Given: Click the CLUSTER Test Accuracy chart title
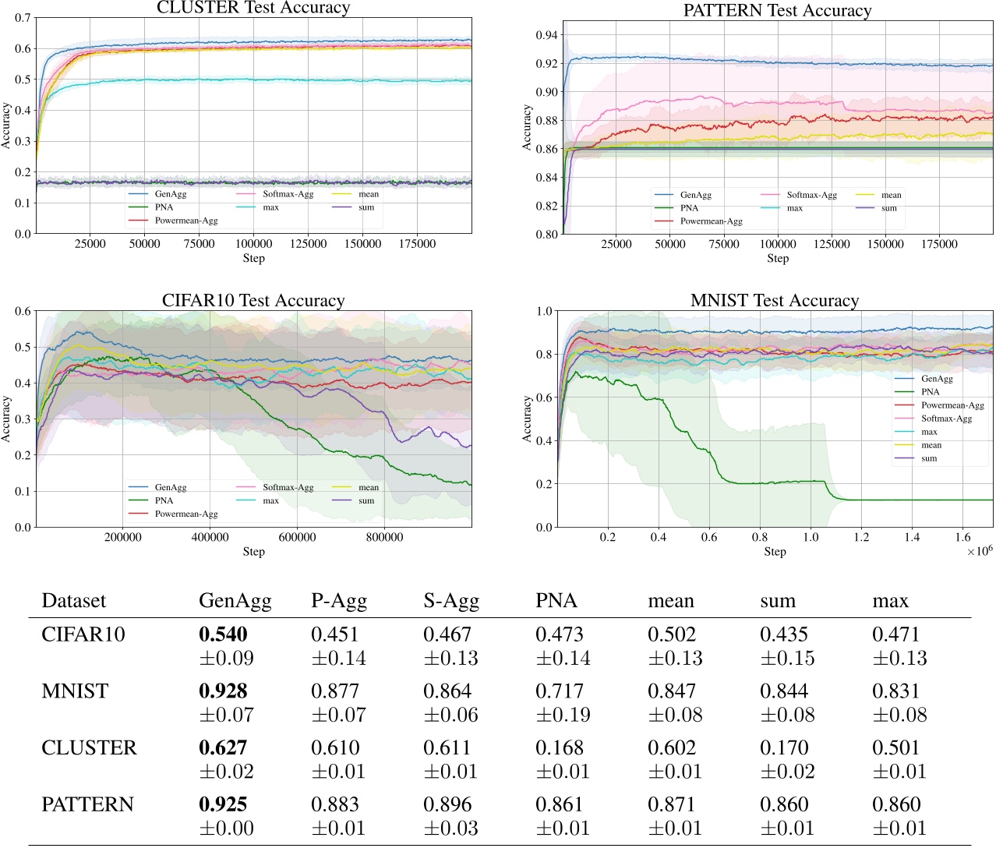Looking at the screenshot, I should [x=253, y=8].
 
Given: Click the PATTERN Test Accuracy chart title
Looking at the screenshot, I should [x=777, y=11].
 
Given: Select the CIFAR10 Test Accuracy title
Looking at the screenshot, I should [x=253, y=301].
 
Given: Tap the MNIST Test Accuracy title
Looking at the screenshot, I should [x=775, y=301].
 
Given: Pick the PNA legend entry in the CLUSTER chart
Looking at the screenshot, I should [x=164, y=207].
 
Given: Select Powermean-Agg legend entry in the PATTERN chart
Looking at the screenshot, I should [x=711, y=221].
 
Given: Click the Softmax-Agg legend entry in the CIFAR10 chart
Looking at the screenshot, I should [x=288, y=487].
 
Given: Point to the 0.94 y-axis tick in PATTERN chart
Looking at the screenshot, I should [x=546, y=35].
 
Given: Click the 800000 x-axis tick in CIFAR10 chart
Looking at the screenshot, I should [x=384, y=537].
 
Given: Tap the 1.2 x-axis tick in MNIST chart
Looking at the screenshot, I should [x=861, y=537].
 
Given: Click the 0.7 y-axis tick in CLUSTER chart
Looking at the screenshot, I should [x=23, y=18].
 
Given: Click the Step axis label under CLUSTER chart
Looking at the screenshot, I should [x=253, y=258].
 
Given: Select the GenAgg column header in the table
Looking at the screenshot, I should [x=235, y=601].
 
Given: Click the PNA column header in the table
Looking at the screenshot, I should [x=556, y=601].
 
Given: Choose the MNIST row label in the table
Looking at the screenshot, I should [x=75, y=691].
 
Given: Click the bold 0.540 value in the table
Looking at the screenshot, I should [x=223, y=634].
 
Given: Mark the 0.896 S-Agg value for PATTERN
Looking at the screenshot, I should [x=447, y=804].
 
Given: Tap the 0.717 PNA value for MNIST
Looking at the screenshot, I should [x=559, y=691].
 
